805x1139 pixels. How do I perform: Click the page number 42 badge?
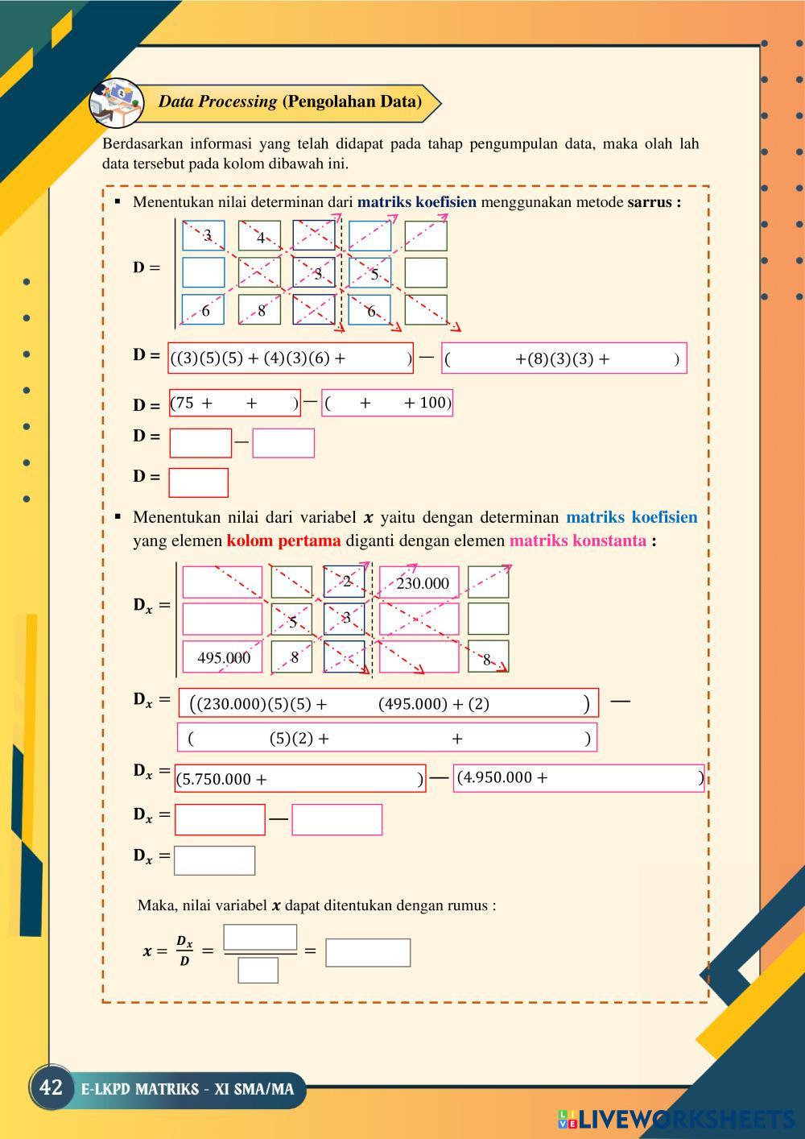(51, 1088)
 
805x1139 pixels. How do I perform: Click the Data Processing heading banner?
(290, 101)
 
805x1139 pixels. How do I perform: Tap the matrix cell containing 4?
(260, 237)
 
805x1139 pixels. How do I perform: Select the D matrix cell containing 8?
(260, 310)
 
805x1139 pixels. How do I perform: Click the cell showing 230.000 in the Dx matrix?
(422, 583)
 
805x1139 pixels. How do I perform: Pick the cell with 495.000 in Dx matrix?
(223, 657)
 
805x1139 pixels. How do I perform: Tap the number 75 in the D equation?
(185, 403)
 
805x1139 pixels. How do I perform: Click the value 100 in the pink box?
(433, 403)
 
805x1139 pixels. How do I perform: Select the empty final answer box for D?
(198, 483)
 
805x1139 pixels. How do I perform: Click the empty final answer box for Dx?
(214, 860)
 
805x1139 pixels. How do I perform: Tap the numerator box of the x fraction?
(260, 938)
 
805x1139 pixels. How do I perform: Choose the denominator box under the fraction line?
(258, 970)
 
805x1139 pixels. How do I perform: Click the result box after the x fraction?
(368, 952)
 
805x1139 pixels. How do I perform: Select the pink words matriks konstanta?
(577, 541)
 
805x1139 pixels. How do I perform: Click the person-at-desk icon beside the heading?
(115, 102)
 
